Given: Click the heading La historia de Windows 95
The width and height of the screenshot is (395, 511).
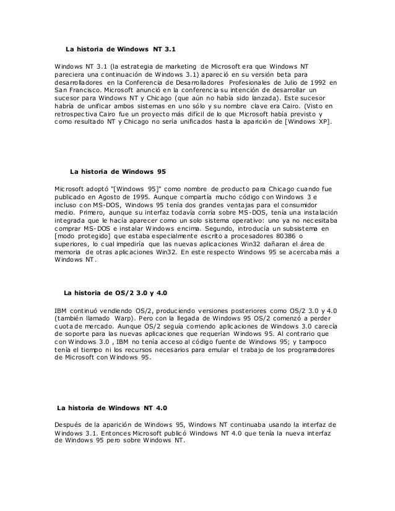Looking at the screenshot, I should tap(118, 170).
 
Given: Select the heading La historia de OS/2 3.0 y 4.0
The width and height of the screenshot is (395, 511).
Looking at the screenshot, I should tap(116, 291).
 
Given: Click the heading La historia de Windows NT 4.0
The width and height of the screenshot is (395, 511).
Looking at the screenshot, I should tap(111, 408).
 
